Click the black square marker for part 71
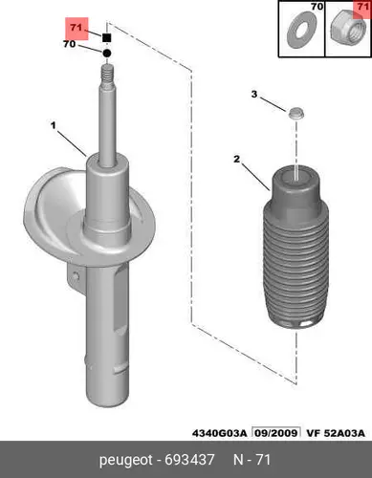click(x=107, y=38)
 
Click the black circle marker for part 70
click(x=107, y=54)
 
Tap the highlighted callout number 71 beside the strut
click(x=77, y=28)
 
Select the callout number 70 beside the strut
click(x=70, y=44)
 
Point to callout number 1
click(x=54, y=125)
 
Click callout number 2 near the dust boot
click(x=236, y=159)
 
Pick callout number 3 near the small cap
click(x=254, y=95)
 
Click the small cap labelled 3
click(x=296, y=113)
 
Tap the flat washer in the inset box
click(x=300, y=30)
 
